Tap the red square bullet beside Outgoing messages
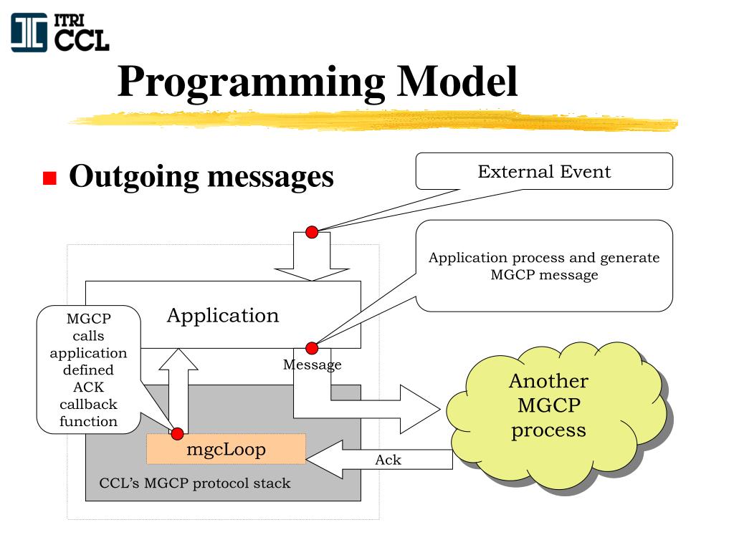click(x=49, y=178)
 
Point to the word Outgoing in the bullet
click(x=133, y=176)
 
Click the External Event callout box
click(x=544, y=172)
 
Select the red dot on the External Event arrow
click(x=312, y=232)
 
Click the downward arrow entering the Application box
click(x=312, y=261)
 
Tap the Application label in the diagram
click(x=223, y=315)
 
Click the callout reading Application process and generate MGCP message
click(x=544, y=266)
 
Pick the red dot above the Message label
click(x=312, y=348)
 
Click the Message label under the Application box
click(x=312, y=365)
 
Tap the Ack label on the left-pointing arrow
click(x=388, y=460)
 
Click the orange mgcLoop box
click(x=227, y=450)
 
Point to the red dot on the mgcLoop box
click(x=177, y=433)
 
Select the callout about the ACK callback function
click(x=88, y=370)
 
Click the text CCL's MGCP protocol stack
click(x=195, y=483)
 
